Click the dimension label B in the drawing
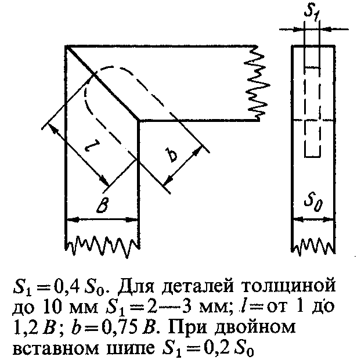coord(103,205)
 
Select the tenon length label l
coord(91,146)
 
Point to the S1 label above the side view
coord(312,12)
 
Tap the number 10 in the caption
coord(55,307)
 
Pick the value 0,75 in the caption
coord(120,327)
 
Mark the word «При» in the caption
coord(188,328)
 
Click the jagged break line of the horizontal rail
coord(257,83)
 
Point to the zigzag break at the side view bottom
coord(313,247)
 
